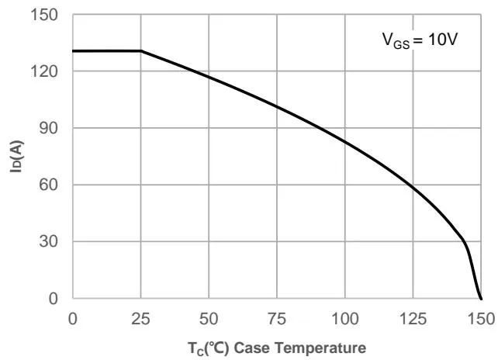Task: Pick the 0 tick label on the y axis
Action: tap(52, 299)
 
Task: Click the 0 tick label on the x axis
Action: tap(73, 318)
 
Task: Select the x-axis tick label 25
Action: tap(140, 318)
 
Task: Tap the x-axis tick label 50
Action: tap(209, 318)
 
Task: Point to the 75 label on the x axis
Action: tap(277, 318)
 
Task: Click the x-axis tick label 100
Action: tap(344, 318)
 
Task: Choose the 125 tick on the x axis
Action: tap(413, 318)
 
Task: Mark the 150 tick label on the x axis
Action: tap(480, 318)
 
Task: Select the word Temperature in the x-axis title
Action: tap(319, 346)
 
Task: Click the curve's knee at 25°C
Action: tap(141, 51)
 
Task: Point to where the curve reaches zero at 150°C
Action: tap(481, 299)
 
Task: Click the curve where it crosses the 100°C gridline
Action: tap(344, 141)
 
